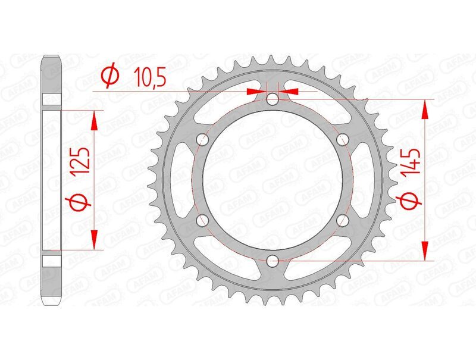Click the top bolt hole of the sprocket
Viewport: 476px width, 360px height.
pyautogui.click(x=273, y=99)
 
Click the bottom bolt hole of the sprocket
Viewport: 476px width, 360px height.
pyautogui.click(x=273, y=259)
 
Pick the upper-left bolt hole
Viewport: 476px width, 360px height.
pyautogui.click(x=203, y=140)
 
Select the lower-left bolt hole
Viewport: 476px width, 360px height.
pyautogui.click(x=203, y=220)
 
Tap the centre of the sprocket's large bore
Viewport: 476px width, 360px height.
pyautogui.click(x=273, y=180)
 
